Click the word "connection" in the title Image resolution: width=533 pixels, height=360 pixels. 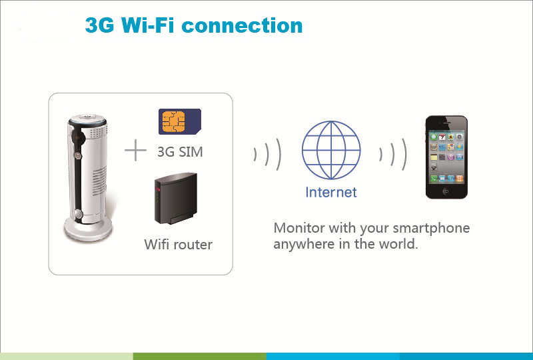pos(242,26)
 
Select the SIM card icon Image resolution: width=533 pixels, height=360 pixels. pos(180,121)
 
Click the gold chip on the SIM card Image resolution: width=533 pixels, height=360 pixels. pos(173,121)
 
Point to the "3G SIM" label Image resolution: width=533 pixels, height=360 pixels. pos(180,152)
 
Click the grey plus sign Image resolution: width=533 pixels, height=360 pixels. pos(136,150)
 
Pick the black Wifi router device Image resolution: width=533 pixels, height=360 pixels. pos(176,199)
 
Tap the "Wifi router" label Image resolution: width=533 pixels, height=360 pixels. pos(178,244)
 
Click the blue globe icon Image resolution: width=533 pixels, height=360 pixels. pos(331,150)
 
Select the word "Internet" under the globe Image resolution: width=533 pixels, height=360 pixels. pos(331,192)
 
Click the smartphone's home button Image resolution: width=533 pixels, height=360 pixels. pos(446,191)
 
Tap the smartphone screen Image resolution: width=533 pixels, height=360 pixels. pos(446,157)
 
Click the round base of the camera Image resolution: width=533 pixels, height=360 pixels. pos(88,231)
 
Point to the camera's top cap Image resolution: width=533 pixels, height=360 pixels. pos(87,119)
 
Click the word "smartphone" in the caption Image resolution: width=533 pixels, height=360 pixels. pos(431,228)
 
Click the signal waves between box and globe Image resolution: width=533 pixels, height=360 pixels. pos(268,154)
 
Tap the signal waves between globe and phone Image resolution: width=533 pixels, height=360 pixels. pos(393,154)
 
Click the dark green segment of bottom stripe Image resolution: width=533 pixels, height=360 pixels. pos(199,356)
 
